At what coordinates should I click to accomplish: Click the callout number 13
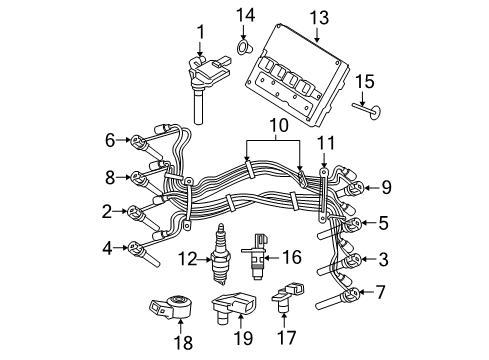pos(318,16)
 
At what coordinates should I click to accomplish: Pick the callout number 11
pos(325,144)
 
